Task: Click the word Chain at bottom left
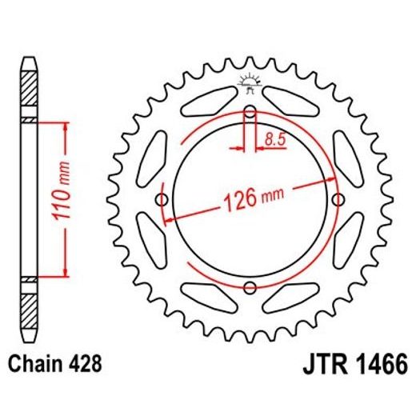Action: coord(37,364)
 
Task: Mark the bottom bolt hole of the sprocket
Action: coord(249,287)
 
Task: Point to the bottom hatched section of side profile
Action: coord(28,307)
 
